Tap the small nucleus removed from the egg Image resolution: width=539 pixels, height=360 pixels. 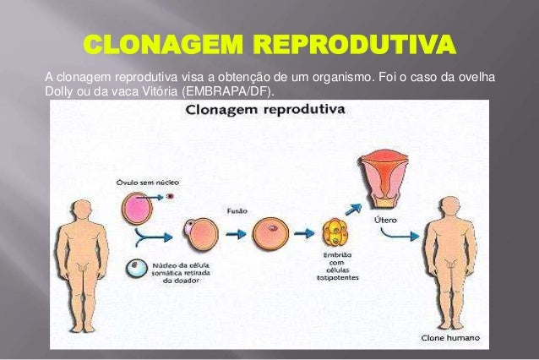pyautogui.click(x=170, y=196)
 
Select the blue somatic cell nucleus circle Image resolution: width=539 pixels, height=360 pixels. pyautogui.click(x=134, y=269)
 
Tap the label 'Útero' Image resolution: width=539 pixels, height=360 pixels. pyautogui.click(x=385, y=221)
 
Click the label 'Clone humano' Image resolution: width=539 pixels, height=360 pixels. pyautogui.click(x=450, y=337)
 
